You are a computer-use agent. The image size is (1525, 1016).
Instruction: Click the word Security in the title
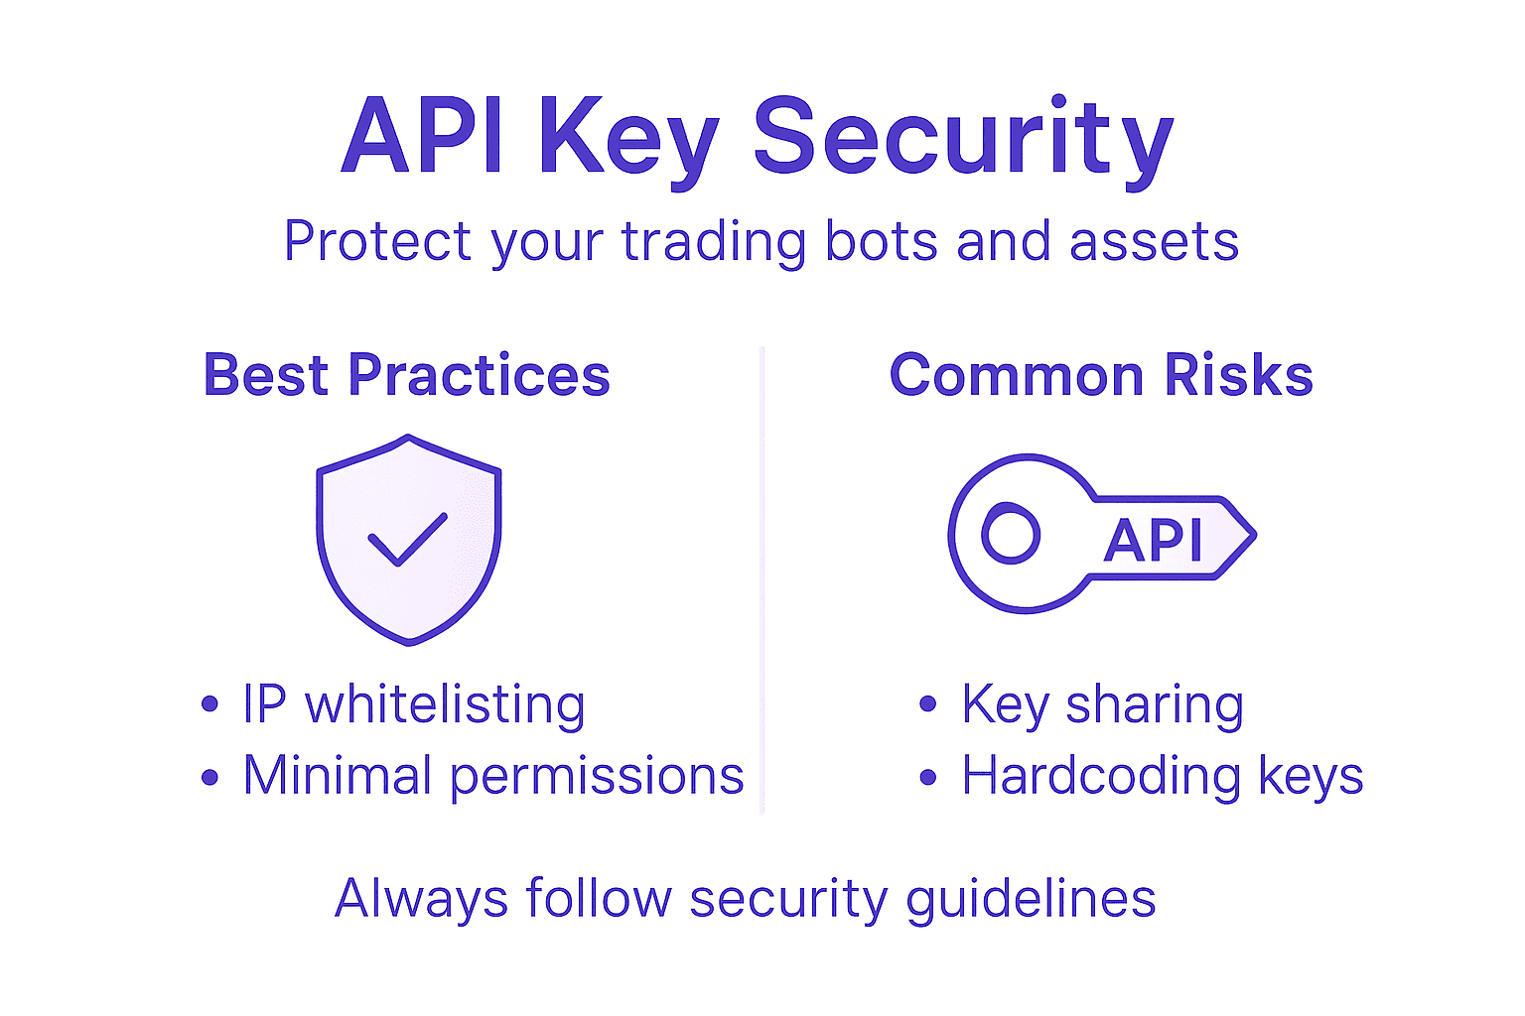[x=963, y=139]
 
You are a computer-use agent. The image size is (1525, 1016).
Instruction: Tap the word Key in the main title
[x=627, y=139]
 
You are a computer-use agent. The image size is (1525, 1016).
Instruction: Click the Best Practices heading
[x=406, y=375]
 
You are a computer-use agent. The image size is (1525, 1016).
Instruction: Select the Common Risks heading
[x=1101, y=375]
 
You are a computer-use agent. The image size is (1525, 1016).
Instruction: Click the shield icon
[x=408, y=595]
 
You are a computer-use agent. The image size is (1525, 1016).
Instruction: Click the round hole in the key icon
[x=1011, y=534]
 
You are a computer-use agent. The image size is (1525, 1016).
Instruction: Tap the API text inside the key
[x=1153, y=541]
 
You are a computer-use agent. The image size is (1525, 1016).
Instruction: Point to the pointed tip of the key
[x=1253, y=536]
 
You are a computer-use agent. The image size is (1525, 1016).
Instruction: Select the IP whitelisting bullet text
[x=414, y=704]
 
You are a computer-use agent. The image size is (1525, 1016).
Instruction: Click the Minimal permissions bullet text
[x=493, y=776]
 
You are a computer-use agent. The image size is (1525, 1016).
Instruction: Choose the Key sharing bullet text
[x=1102, y=704]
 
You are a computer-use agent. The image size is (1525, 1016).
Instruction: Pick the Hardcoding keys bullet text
[x=1162, y=776]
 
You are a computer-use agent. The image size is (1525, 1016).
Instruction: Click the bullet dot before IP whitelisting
[x=209, y=704]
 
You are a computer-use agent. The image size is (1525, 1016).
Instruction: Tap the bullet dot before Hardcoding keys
[x=928, y=777]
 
